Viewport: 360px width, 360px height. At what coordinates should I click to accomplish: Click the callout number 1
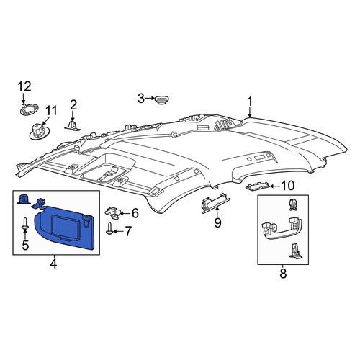click(x=250, y=102)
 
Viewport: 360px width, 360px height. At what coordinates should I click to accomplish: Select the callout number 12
click(x=24, y=86)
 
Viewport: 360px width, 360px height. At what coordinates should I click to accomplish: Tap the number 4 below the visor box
click(x=53, y=264)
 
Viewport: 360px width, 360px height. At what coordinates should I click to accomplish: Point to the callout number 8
click(x=283, y=274)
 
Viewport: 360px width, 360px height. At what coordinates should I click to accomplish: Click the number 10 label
click(x=287, y=186)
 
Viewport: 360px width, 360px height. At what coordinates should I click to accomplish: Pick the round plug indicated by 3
click(x=161, y=99)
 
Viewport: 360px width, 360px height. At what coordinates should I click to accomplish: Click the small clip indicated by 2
click(x=72, y=125)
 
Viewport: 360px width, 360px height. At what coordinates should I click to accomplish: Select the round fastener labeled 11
click(x=40, y=131)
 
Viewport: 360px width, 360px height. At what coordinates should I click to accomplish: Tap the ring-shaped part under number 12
click(x=30, y=109)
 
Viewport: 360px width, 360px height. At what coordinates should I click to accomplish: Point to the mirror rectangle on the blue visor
click(x=66, y=227)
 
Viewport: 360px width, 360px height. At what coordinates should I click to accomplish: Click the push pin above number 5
click(x=25, y=224)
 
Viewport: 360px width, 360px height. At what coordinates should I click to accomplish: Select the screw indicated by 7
click(x=109, y=228)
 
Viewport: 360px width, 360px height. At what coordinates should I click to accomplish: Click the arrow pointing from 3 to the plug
click(x=150, y=98)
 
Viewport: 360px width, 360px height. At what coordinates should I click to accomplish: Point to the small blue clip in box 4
click(x=23, y=199)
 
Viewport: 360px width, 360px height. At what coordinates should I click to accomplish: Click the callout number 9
click(x=217, y=223)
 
